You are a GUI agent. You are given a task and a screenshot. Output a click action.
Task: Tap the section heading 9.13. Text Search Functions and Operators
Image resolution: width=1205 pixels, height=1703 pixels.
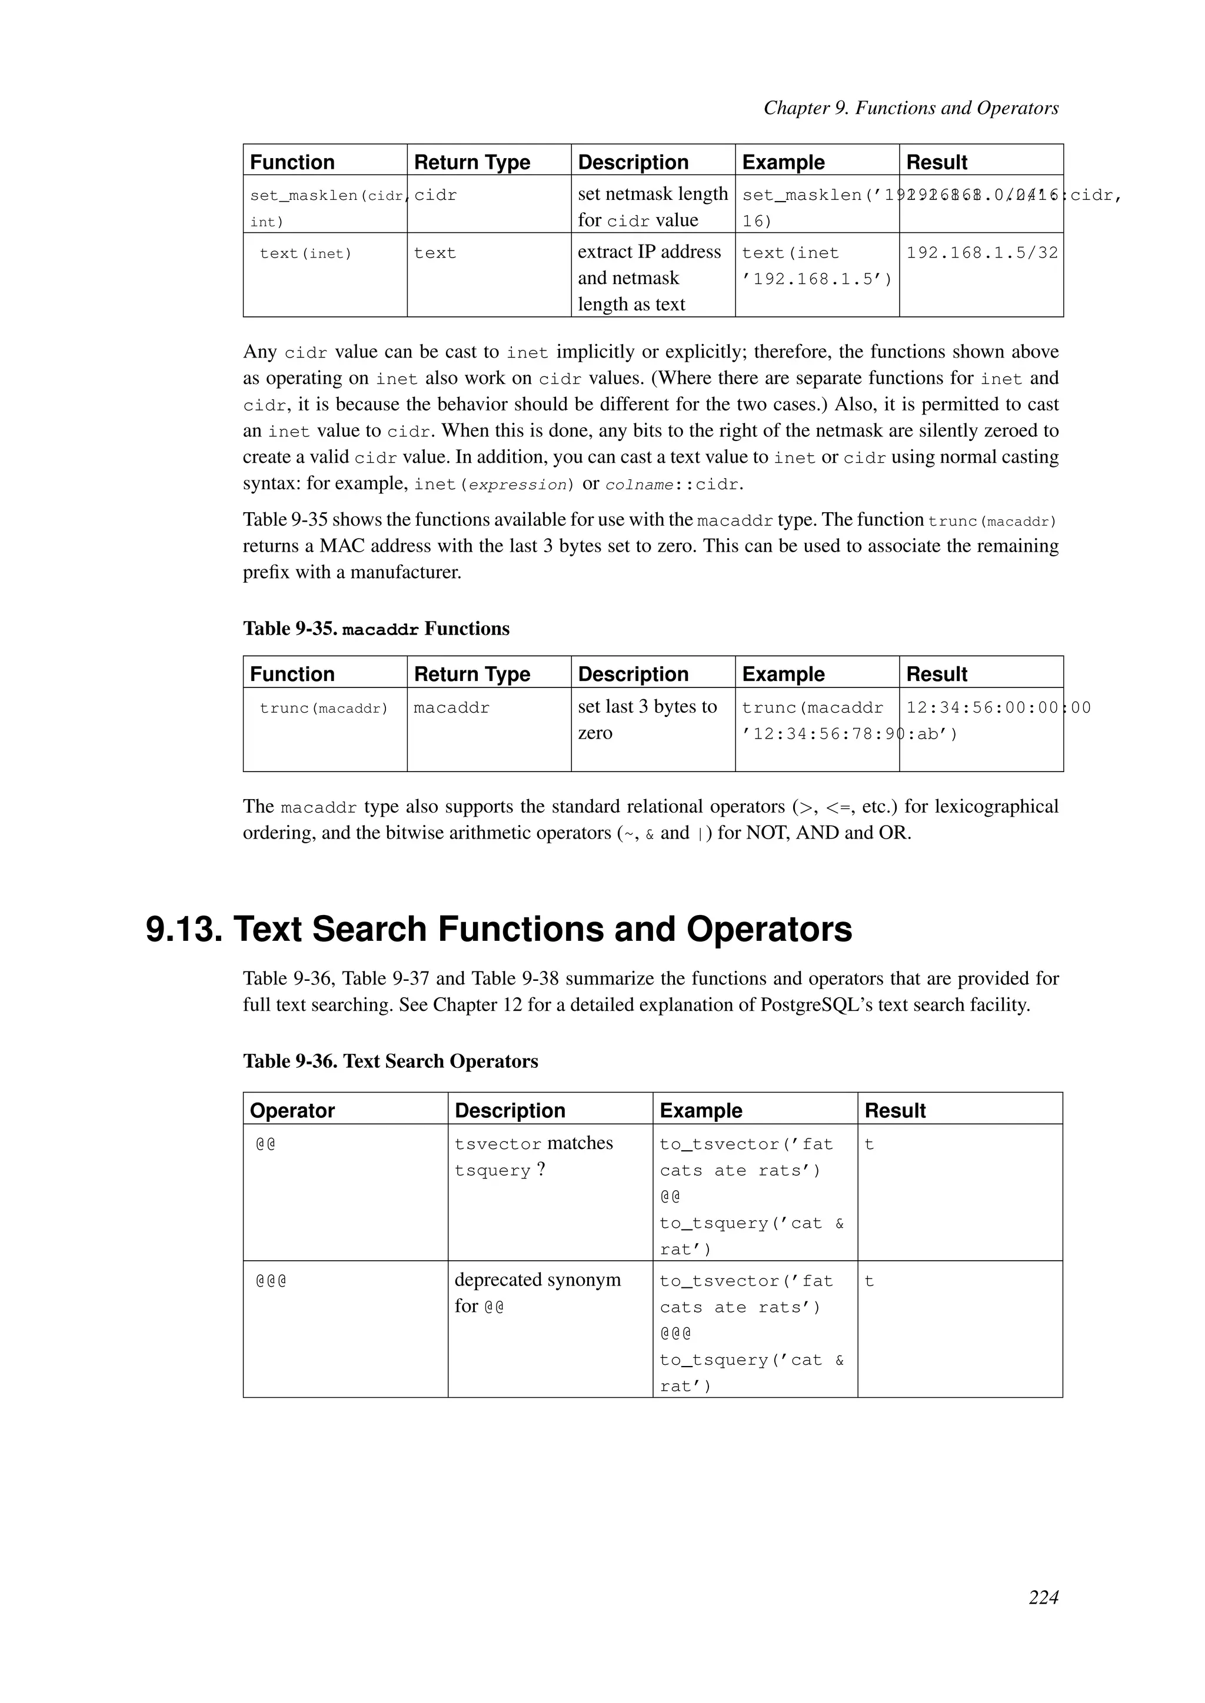(x=498, y=929)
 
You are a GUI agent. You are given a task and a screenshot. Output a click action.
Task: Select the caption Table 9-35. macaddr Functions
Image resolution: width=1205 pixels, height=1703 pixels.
(x=376, y=629)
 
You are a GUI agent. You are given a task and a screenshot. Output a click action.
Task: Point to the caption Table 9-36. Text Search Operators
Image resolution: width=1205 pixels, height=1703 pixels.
(x=390, y=1061)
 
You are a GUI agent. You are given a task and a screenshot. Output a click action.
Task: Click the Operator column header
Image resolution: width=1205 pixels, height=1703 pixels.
(x=292, y=1110)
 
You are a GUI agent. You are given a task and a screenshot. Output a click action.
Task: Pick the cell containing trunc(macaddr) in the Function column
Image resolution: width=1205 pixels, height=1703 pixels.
(x=324, y=709)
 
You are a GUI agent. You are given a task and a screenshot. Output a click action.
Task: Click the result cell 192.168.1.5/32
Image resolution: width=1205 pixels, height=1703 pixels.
(x=981, y=253)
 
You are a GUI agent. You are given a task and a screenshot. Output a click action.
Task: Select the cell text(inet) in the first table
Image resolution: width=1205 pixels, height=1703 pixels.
(x=306, y=253)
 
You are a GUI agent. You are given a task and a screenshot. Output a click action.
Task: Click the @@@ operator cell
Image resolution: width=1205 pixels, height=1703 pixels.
(x=272, y=1281)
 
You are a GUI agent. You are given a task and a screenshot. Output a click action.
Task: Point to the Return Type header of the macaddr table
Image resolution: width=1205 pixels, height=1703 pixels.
(x=472, y=674)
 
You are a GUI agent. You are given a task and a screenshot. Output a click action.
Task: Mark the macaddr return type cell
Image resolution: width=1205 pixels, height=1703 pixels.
(x=451, y=709)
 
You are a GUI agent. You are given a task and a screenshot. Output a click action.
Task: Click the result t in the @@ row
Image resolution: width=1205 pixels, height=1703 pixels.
(x=869, y=1144)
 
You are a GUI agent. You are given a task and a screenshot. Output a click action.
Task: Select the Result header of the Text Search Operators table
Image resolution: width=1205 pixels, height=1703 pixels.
(x=895, y=1110)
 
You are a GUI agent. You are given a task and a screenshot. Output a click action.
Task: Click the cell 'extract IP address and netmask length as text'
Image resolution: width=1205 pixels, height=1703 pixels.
(x=649, y=278)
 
